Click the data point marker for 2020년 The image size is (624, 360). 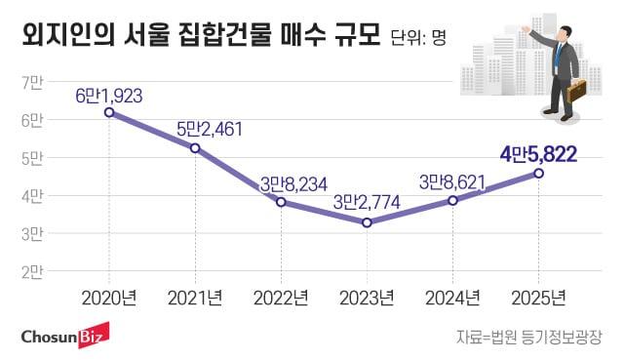[109, 112]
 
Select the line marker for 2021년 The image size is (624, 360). [195, 148]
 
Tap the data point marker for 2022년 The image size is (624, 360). [281, 202]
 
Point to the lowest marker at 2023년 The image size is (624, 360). [367, 222]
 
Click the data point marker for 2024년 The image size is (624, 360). [452, 200]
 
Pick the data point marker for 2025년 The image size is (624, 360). [538, 174]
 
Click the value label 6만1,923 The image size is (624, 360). [109, 95]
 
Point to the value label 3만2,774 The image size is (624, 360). [367, 203]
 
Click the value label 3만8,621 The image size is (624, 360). [451, 181]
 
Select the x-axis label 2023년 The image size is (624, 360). [367, 297]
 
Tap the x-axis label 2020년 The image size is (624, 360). [109, 297]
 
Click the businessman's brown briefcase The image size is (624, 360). [577, 92]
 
